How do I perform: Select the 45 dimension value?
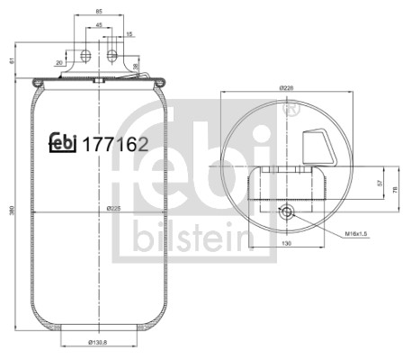point(99,25)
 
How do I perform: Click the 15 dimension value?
point(130,34)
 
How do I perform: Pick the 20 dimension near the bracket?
point(58,63)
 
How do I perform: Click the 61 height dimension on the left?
point(10,61)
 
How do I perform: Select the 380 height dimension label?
point(10,211)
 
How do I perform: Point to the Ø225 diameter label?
point(114,208)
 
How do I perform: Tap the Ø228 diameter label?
point(287,88)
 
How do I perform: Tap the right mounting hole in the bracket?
point(114,57)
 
